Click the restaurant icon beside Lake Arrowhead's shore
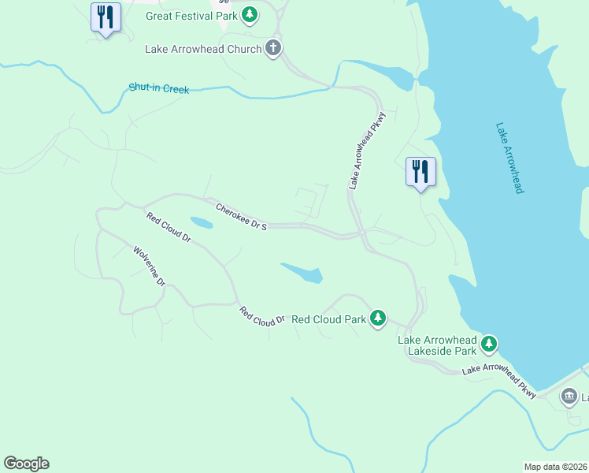click(420, 172)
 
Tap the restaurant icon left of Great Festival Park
click(105, 17)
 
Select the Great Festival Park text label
click(191, 16)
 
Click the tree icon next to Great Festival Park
click(250, 15)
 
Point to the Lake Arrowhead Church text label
click(202, 49)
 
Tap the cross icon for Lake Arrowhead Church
click(272, 49)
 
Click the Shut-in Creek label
click(159, 89)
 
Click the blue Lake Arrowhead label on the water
click(509, 158)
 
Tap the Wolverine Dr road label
click(149, 266)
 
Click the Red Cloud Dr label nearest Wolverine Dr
click(169, 227)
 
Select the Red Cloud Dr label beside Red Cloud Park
click(262, 317)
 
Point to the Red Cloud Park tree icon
click(379, 318)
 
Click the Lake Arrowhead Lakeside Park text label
click(437, 345)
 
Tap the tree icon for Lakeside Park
click(489, 343)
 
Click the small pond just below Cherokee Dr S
click(201, 223)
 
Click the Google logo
click(26, 464)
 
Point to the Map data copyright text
click(556, 467)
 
